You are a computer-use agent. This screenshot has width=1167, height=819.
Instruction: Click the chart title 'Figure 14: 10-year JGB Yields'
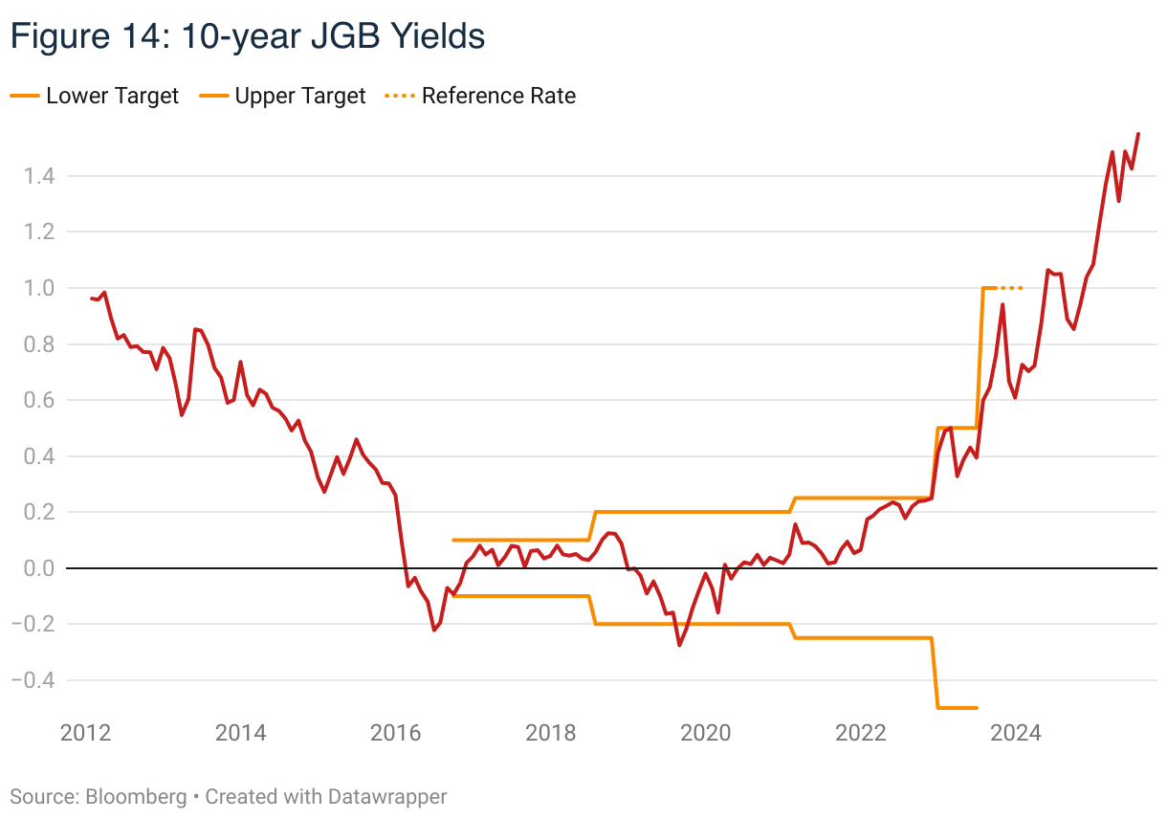(247, 35)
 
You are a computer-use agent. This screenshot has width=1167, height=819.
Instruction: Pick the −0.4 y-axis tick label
(38, 680)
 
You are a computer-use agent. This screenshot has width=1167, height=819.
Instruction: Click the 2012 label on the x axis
(85, 733)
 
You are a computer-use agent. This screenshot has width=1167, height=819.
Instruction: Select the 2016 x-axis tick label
(395, 733)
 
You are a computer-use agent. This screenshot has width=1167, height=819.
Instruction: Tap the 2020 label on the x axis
(705, 733)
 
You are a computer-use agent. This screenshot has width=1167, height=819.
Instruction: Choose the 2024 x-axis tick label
(1015, 733)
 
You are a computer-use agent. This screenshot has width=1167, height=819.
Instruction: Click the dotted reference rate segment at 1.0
(1009, 287)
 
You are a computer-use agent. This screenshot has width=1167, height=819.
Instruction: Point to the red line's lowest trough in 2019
(679, 645)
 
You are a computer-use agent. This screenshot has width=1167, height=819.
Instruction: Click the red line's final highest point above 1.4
(1137, 134)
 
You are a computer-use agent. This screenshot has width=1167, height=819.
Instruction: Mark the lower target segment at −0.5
(957, 707)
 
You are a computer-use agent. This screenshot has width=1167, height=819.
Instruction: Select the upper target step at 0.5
(957, 428)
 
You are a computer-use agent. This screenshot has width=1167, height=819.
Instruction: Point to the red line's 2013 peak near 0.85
(195, 329)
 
